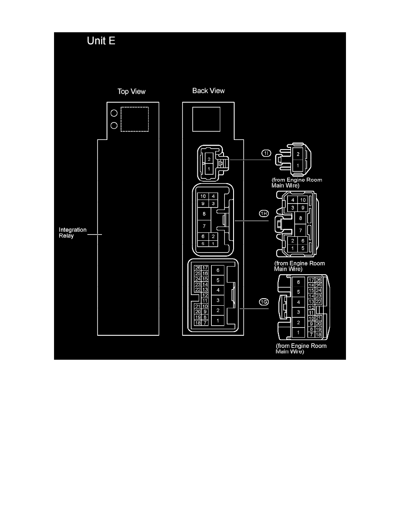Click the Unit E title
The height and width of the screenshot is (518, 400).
101,42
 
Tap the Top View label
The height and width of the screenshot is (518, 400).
132,92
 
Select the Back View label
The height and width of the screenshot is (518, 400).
209,91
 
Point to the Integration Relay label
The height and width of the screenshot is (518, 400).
73,232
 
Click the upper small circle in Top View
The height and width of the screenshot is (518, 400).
114,113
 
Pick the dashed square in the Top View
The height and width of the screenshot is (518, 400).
135,119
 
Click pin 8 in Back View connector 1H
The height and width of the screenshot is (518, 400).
204,214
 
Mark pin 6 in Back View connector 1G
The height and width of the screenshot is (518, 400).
218,270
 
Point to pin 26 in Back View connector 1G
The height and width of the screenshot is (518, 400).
198,268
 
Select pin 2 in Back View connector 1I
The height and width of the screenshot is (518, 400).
209,160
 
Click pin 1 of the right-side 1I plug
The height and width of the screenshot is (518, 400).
298,166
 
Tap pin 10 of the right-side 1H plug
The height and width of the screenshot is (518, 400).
303,200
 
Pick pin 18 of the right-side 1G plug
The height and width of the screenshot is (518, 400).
318,334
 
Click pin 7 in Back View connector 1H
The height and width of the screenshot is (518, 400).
204,226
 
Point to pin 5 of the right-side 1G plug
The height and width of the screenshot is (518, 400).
298,291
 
